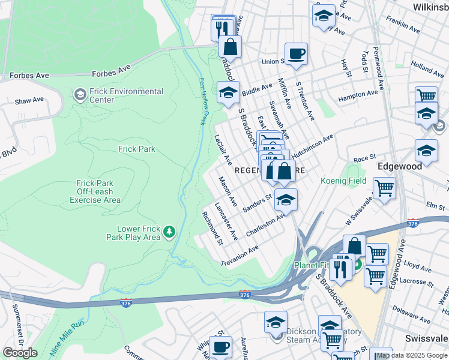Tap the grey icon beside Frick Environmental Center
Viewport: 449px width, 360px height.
click(79, 95)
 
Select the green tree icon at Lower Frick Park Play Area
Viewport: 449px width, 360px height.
click(170, 232)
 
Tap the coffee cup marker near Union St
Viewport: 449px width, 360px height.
click(295, 54)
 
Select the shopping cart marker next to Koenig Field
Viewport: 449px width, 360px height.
click(384, 188)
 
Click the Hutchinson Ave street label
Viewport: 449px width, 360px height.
click(313, 146)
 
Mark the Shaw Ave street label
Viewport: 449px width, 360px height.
click(30, 100)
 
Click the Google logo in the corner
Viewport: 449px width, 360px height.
click(20, 353)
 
